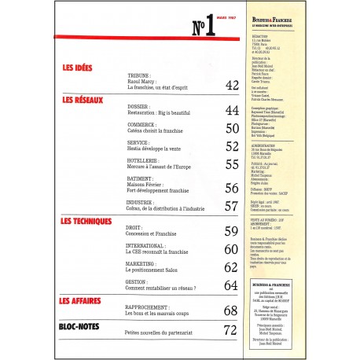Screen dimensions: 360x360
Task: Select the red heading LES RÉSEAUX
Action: coord(84,101)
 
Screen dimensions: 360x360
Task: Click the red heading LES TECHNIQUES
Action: coord(90,222)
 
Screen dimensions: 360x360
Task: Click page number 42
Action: coord(232,85)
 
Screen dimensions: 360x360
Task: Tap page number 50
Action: coord(232,128)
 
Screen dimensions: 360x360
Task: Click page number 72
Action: coord(230,329)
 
